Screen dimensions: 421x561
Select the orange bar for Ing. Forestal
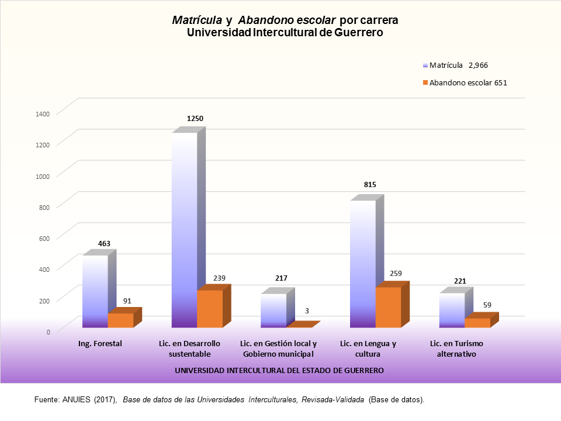coord(121,320)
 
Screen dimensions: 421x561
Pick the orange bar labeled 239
coord(210,309)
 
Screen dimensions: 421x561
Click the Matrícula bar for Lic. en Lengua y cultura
coord(362,264)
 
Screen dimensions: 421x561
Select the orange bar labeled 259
coord(388,307)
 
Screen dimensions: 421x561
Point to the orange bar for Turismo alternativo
coord(477,323)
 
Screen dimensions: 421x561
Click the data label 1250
coord(195,118)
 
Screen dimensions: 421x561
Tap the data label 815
coord(370,185)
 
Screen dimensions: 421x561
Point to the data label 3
coord(307,310)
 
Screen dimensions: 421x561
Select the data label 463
coord(104,243)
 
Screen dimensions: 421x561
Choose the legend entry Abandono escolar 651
coord(467,83)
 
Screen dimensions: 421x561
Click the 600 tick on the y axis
coord(46,237)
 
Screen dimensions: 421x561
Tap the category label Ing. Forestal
coord(100,344)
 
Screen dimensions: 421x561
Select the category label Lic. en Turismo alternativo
coord(456,348)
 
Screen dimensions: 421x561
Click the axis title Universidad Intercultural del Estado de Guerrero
coord(279,371)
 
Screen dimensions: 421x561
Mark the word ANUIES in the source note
coord(75,400)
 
